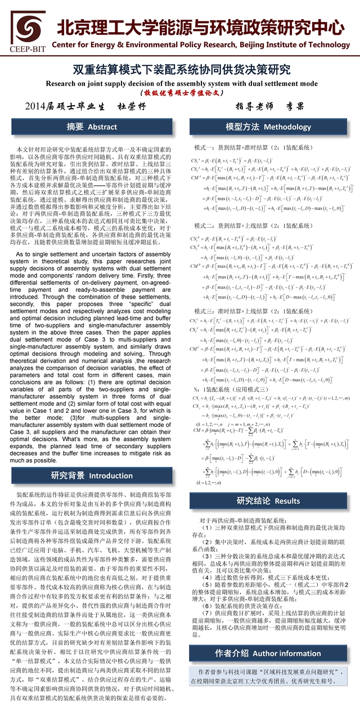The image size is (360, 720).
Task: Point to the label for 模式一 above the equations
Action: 254,147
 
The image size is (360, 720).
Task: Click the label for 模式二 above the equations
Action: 254,226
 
